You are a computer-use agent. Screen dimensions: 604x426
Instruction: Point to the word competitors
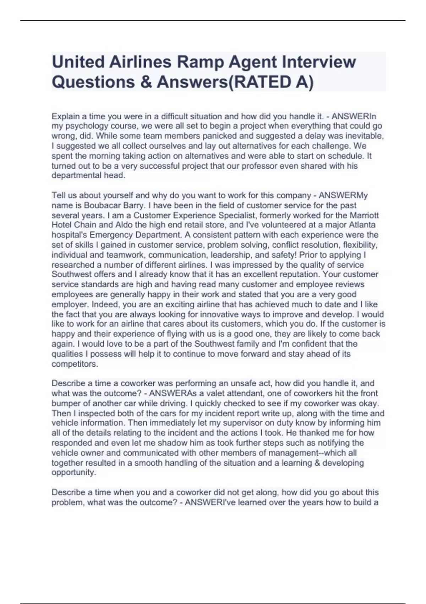click(x=75, y=364)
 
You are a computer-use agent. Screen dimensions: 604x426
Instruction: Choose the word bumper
click(x=70, y=404)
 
